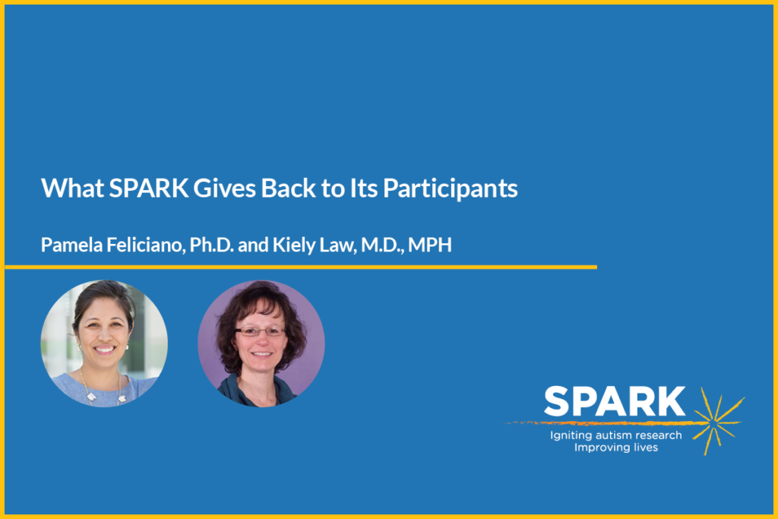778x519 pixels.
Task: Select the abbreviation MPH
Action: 429,246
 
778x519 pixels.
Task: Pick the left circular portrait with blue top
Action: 104,343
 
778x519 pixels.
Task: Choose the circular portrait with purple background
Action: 261,343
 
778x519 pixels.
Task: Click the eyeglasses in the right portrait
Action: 259,331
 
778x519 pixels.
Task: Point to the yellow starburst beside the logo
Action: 717,419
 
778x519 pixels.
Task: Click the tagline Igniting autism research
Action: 616,435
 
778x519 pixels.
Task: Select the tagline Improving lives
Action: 616,448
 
